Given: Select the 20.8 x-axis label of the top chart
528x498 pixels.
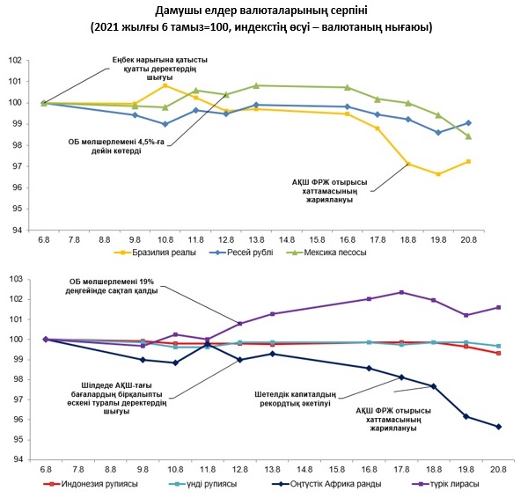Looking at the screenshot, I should (468, 239).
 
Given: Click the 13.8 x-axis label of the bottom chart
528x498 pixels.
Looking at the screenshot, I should (272, 472).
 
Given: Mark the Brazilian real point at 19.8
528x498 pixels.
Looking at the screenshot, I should (437, 174).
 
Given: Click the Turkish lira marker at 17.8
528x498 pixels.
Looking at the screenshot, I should (402, 292).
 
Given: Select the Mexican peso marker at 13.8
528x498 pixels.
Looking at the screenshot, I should (256, 85).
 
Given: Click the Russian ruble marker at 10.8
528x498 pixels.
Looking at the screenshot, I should (165, 124).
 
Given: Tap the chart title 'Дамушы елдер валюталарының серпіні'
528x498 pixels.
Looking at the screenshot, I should (263, 11).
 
